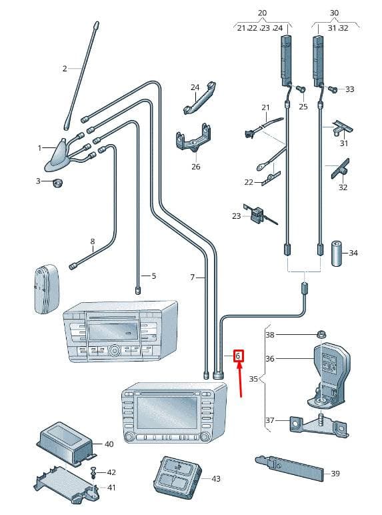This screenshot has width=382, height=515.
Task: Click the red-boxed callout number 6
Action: point(238,356)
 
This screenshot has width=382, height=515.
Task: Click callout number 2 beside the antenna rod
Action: point(65,68)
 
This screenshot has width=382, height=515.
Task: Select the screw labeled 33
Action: point(333,89)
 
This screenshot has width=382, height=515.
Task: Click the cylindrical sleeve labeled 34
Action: point(336,253)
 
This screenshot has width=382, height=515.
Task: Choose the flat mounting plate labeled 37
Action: point(319,426)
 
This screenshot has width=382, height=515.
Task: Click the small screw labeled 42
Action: point(93,472)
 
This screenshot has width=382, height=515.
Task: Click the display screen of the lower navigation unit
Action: point(167,412)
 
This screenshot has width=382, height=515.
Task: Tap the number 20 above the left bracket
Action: point(262,13)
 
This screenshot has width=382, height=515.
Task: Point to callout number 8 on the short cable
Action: point(93,241)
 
